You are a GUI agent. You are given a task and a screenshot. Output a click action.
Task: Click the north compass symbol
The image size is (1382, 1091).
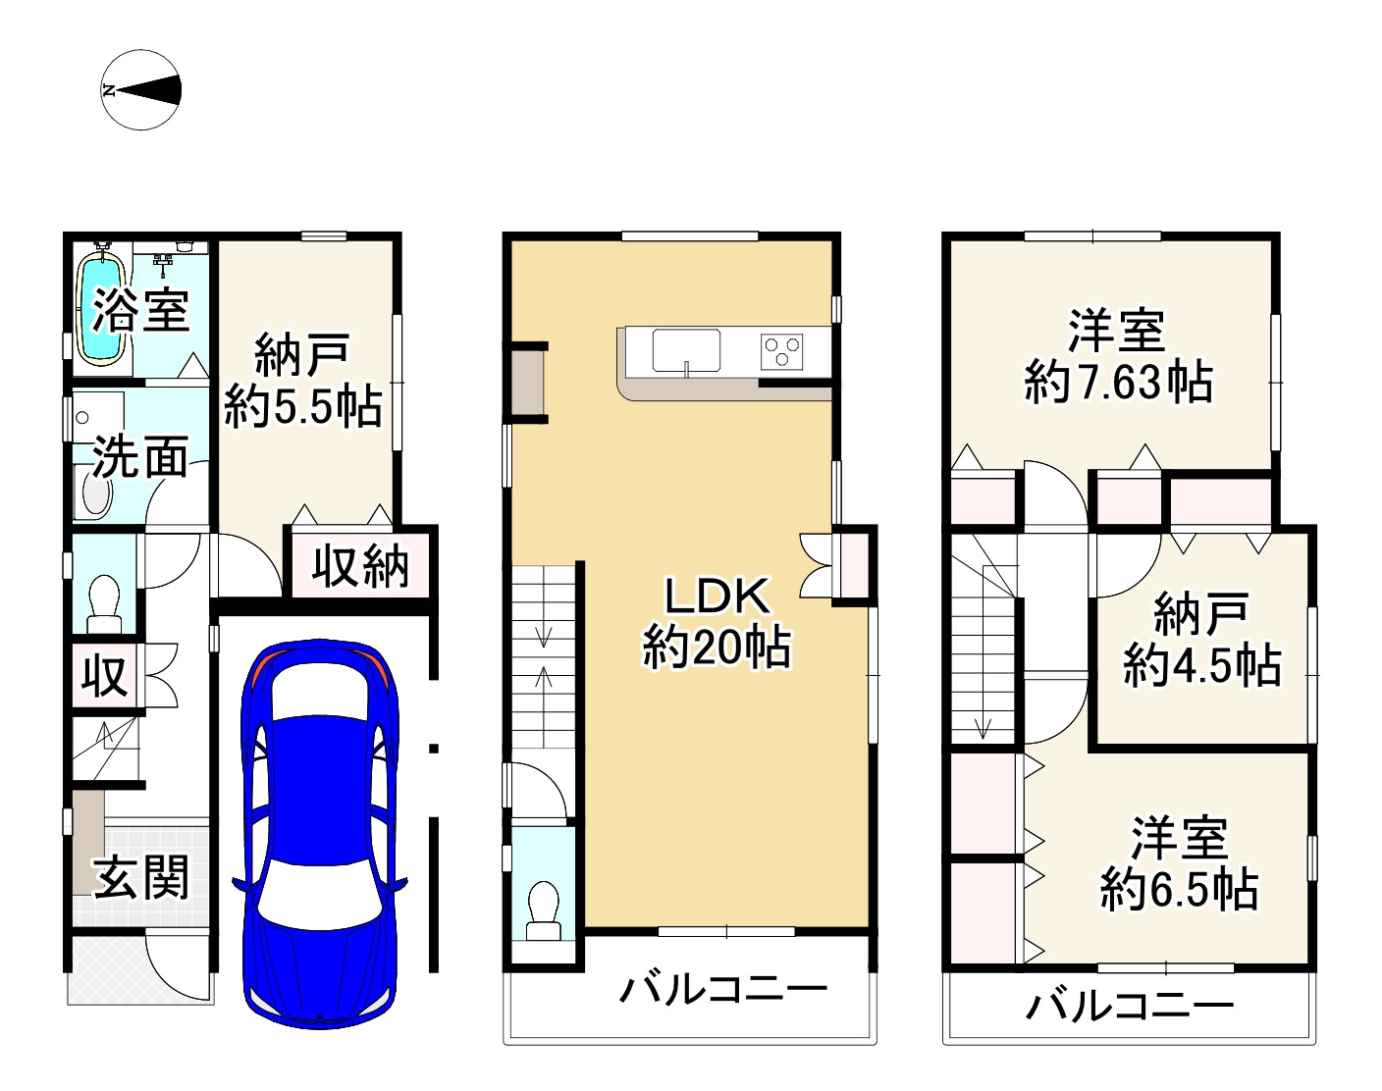click(x=140, y=90)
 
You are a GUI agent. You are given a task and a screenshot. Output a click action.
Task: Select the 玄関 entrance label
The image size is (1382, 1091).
click(x=140, y=877)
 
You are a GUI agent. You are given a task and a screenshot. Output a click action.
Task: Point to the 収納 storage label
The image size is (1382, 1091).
click(x=360, y=566)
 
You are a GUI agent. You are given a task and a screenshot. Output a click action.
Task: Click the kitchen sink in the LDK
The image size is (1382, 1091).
click(x=686, y=350)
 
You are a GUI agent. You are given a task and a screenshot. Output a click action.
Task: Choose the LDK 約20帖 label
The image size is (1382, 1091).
click(x=717, y=622)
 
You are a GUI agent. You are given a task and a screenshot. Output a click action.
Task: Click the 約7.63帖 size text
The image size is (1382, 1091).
click(x=1118, y=384)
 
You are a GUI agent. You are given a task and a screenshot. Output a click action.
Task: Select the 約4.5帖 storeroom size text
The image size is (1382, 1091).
click(x=1202, y=665)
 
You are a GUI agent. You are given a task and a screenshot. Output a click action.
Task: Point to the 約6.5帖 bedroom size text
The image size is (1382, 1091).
click(x=1179, y=889)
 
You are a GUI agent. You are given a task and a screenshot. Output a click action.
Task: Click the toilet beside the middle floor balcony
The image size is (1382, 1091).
click(x=544, y=911)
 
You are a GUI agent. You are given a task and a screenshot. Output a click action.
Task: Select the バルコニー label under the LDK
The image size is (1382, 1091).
click(x=723, y=990)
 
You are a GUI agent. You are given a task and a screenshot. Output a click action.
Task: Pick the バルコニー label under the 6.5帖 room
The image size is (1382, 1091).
click(x=1130, y=1006)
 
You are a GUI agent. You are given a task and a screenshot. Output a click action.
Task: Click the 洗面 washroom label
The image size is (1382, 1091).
click(x=140, y=457)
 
